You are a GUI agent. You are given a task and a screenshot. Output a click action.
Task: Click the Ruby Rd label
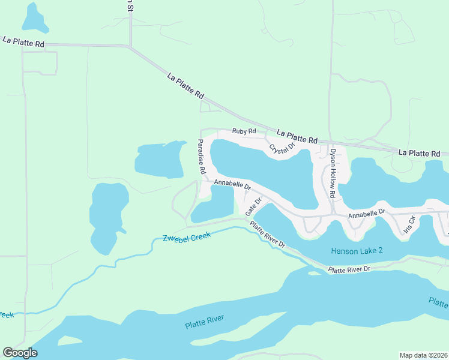click(x=244, y=131)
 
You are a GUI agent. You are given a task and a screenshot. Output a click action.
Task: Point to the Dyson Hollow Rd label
click(x=332, y=173)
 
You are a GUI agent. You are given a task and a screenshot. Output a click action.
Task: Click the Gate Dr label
click(x=253, y=206)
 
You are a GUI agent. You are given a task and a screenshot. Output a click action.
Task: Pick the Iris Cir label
click(x=411, y=226)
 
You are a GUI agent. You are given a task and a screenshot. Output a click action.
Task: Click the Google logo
click(x=20, y=353)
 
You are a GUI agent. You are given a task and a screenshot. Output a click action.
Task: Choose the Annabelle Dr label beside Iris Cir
click(x=366, y=214)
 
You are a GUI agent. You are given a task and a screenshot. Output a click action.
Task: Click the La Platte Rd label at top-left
click(x=23, y=41)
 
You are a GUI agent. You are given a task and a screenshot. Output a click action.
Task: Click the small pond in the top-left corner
click(x=34, y=18)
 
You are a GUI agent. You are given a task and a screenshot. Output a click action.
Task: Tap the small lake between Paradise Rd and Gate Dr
click(x=215, y=204)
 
